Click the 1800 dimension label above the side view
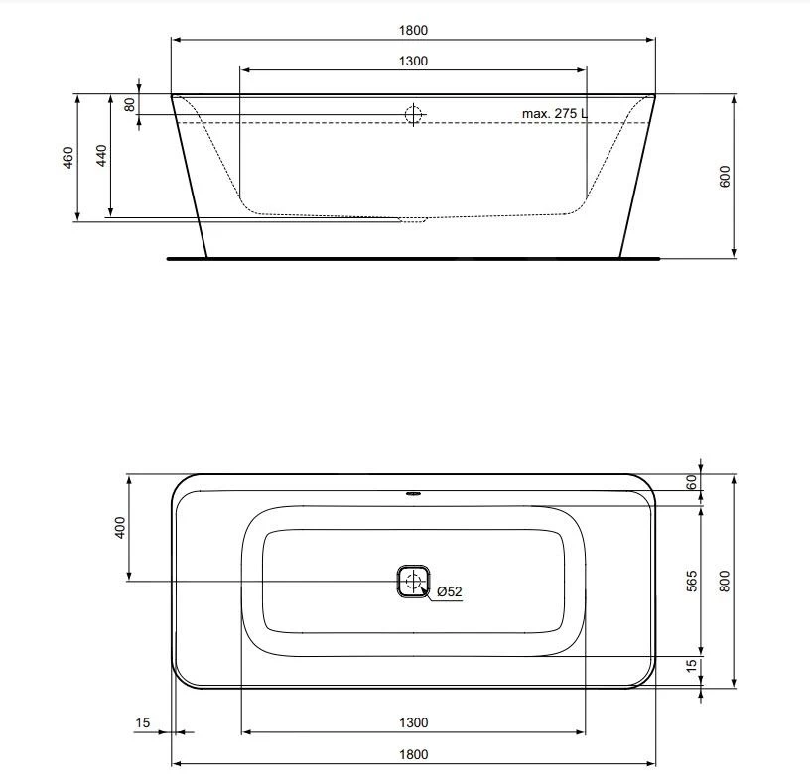(x=413, y=30)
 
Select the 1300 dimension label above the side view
(x=413, y=61)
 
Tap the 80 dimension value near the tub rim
(x=129, y=104)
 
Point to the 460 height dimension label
(x=67, y=157)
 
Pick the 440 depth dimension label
(x=100, y=156)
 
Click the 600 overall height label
(x=725, y=177)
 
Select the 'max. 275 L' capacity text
(x=554, y=114)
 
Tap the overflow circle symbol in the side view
(x=413, y=114)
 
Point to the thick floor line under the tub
(x=413, y=258)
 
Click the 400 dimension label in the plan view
(x=120, y=527)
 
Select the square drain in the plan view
(x=413, y=582)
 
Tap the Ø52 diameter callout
(x=450, y=592)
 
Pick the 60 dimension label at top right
(x=692, y=482)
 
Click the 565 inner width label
(x=692, y=581)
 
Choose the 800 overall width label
(x=725, y=581)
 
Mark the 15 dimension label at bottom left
(x=142, y=723)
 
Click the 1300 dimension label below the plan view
(x=413, y=723)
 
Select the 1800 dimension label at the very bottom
(x=413, y=754)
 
